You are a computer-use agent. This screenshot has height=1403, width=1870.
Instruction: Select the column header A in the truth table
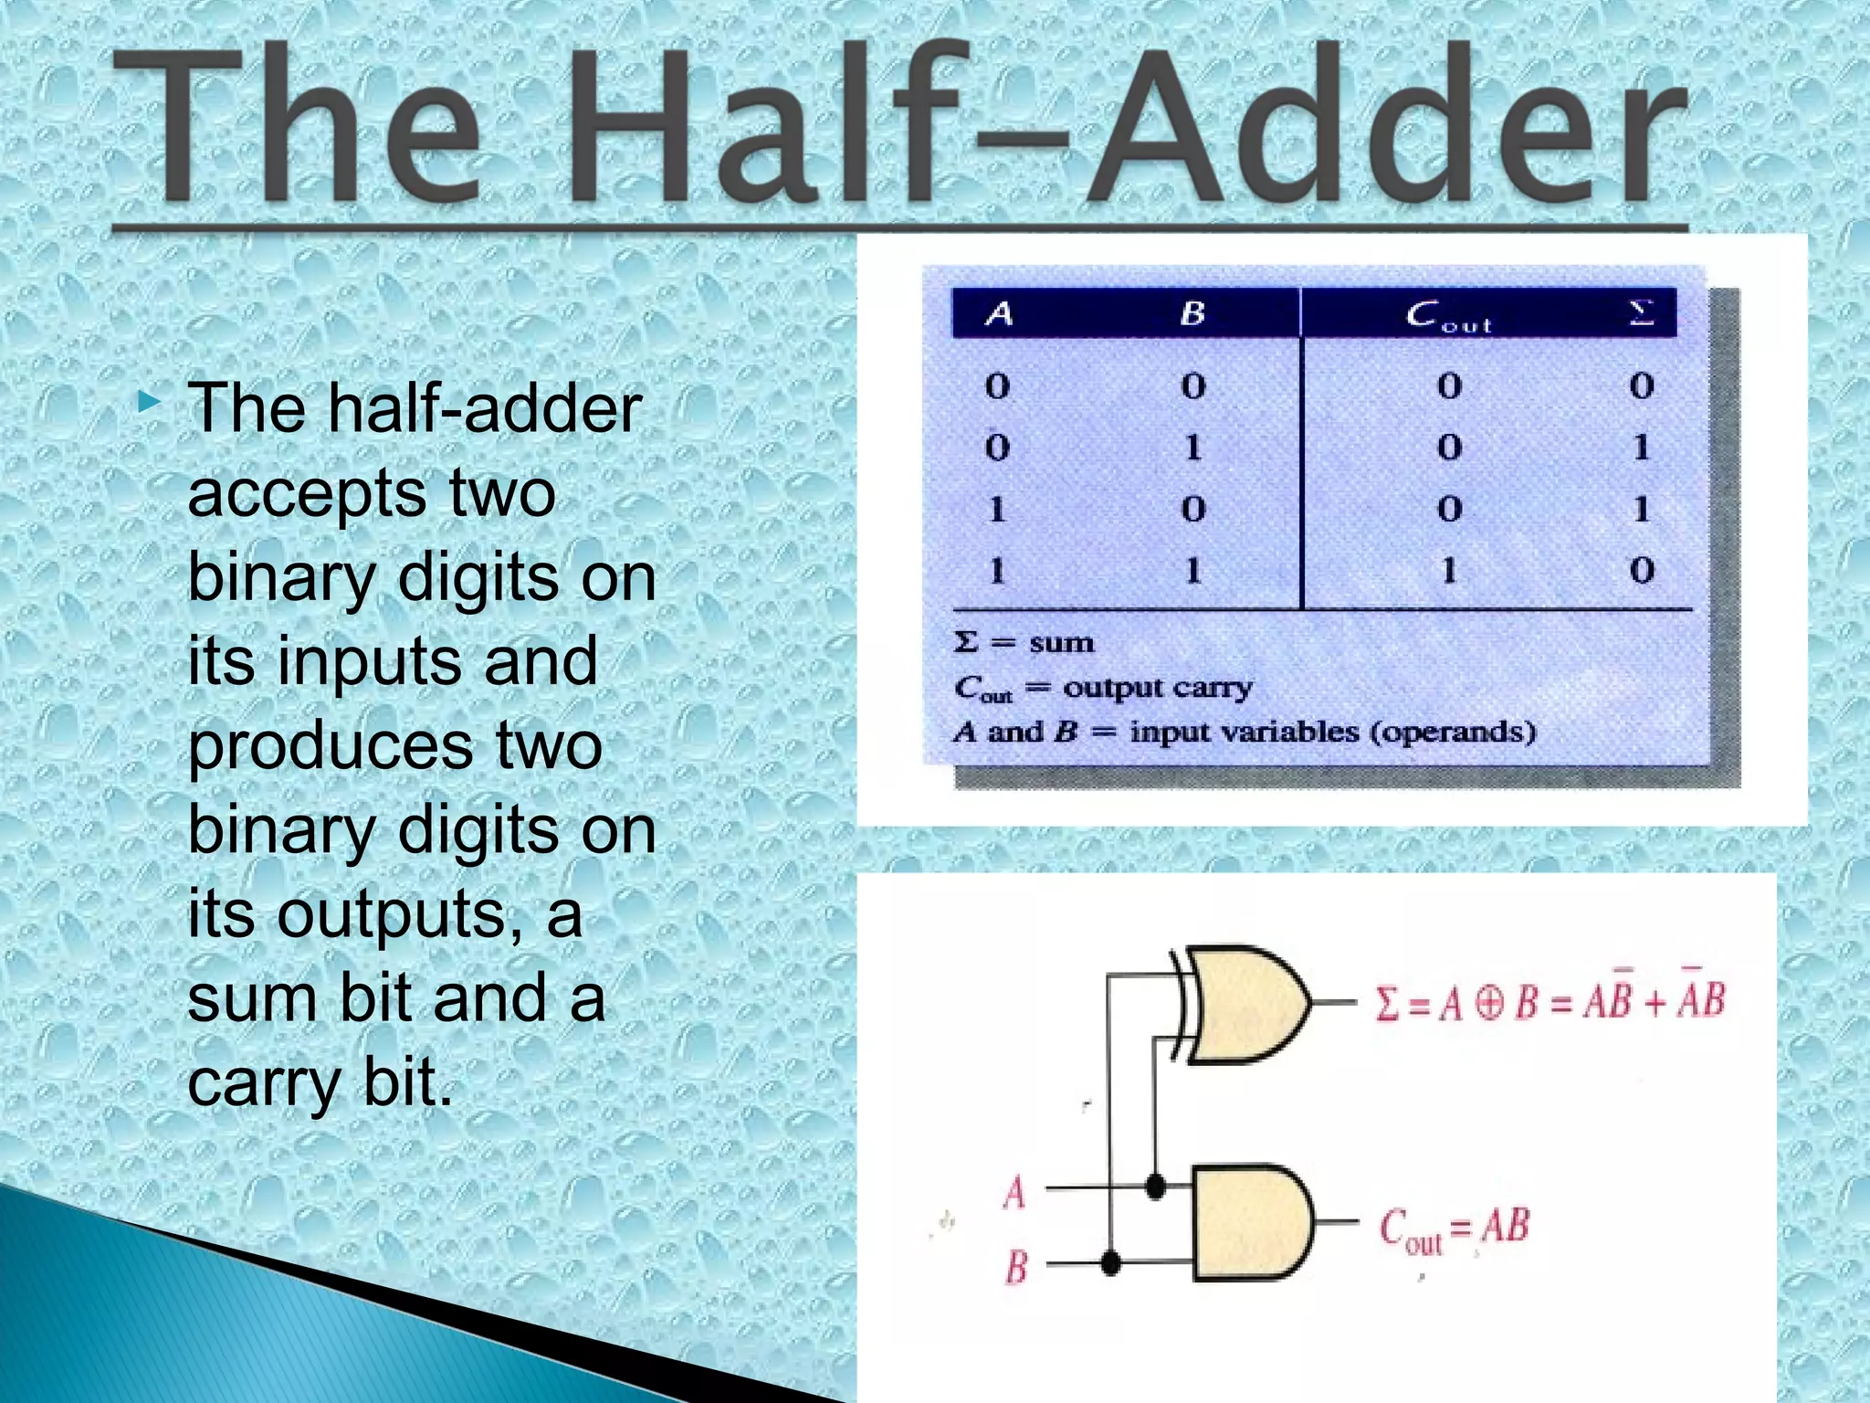click(999, 314)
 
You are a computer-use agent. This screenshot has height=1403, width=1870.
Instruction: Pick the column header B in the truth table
click(1192, 314)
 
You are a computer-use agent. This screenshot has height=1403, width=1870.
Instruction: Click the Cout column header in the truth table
click(1448, 316)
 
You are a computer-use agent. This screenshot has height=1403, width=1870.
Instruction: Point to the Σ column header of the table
click(1641, 313)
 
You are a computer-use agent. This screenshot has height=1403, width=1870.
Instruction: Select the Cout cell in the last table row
click(1449, 571)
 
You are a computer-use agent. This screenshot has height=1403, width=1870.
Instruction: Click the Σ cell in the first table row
click(1641, 385)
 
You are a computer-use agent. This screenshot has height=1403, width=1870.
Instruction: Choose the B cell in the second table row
click(1192, 448)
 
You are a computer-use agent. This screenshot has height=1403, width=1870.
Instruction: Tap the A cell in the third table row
click(997, 509)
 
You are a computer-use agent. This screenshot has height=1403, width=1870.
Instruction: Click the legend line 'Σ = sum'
click(1024, 642)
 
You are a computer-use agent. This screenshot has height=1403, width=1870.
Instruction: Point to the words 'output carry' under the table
click(1158, 687)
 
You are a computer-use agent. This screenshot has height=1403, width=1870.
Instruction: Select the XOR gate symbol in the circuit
click(1242, 1004)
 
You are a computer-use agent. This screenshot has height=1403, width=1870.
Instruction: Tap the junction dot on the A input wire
click(1155, 1187)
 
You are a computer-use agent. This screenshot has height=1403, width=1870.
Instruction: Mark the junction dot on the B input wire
click(1110, 1264)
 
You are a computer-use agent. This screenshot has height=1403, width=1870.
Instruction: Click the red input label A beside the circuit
click(1014, 1193)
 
